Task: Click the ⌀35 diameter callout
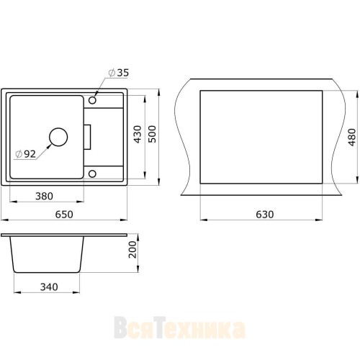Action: (119, 73)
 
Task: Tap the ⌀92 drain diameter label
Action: (25, 154)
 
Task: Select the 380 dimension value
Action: (44, 197)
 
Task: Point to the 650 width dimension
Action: (64, 215)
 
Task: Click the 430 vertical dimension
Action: (138, 134)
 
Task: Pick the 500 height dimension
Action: (152, 134)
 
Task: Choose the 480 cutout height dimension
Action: (352, 138)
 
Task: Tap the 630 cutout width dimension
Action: (265, 215)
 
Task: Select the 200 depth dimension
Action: (132, 250)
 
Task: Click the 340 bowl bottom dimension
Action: (49, 287)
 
